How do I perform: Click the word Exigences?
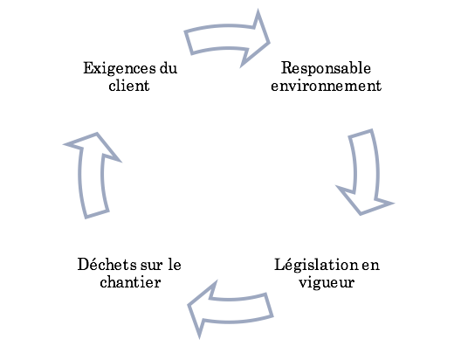tap(120, 69)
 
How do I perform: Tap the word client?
tap(129, 86)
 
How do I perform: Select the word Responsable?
tap(326, 69)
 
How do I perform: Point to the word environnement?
tap(326, 86)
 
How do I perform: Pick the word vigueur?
tap(327, 283)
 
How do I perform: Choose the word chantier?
tap(130, 281)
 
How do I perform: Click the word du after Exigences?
tap(169, 68)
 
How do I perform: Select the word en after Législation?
tap(370, 265)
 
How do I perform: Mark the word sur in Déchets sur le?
tap(151, 265)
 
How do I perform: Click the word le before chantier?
tap(175, 264)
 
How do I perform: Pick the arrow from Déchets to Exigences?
tap(92, 176)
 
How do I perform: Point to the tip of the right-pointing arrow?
tap(268, 43)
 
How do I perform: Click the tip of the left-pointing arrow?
tap(189, 305)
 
